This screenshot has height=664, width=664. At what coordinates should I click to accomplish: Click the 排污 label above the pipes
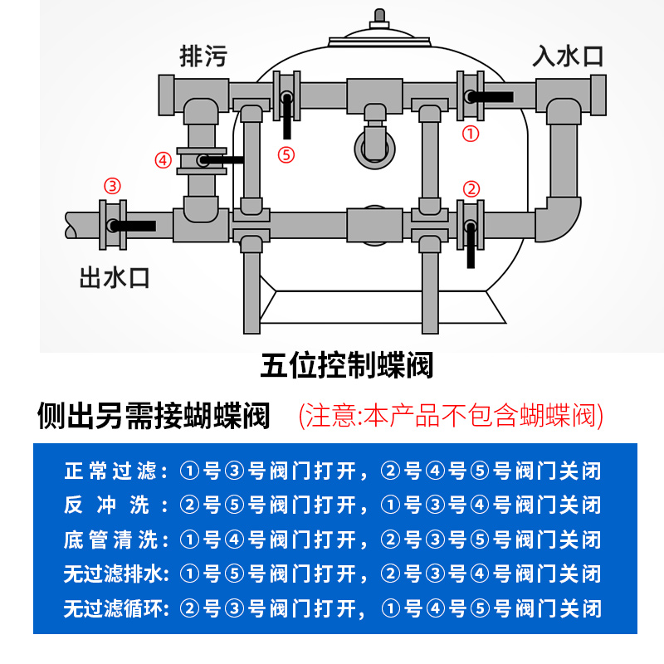click(203, 56)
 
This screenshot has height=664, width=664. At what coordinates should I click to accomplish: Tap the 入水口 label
click(568, 56)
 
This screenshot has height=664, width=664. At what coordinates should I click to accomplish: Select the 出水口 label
click(115, 276)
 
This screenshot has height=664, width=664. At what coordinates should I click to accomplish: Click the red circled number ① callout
click(471, 133)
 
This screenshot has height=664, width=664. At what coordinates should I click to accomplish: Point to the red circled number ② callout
click(471, 188)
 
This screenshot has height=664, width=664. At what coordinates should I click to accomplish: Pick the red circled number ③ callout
click(111, 185)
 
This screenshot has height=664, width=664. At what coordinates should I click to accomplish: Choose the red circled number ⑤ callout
click(286, 155)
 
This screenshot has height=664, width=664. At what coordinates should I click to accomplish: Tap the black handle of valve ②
click(471, 246)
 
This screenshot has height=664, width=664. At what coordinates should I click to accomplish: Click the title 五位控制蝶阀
click(347, 364)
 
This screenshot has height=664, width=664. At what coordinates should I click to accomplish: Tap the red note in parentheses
click(451, 414)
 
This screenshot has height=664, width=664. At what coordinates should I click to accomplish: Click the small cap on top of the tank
click(380, 17)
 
